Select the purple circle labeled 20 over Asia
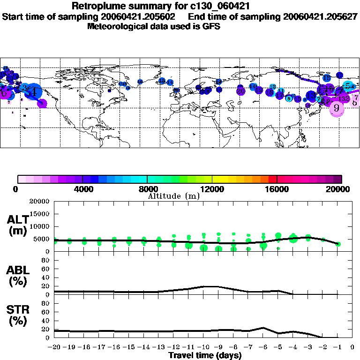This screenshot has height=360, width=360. coord(240,90)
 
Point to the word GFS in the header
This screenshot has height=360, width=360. coord(211,26)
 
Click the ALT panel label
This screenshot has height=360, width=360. coord(18,225)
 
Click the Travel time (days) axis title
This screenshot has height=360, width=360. coord(205,356)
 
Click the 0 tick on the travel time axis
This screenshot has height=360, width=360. coord(352,347)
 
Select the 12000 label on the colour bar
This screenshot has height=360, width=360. coord(212,189)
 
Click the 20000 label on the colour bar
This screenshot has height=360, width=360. coord(341,189)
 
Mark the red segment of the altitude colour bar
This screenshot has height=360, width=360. coord(273,179)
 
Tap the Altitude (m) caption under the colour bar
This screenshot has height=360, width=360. coord(173,196)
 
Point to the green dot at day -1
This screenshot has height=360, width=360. coord(338,244)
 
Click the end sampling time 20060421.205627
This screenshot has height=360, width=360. coord(320,16)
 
